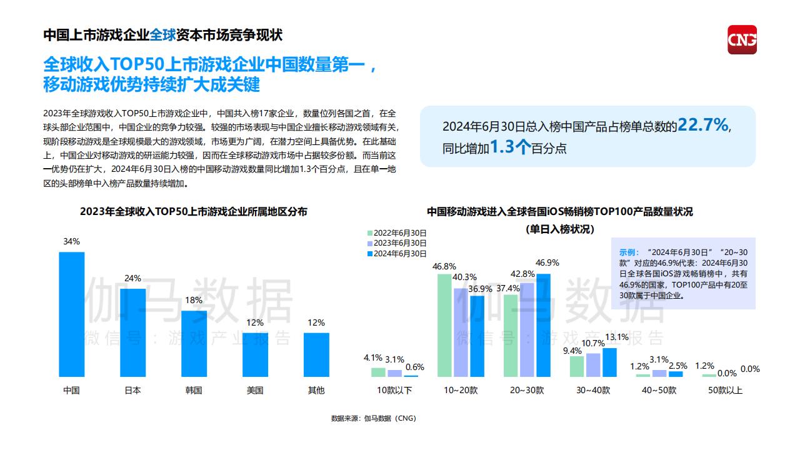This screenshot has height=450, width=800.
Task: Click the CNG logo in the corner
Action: coord(742,39)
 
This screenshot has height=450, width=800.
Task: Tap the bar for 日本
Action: coord(132,332)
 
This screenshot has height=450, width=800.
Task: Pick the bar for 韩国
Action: coord(194,344)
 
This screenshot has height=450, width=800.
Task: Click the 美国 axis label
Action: coord(255,391)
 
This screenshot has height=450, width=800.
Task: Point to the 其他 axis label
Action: coord(316,391)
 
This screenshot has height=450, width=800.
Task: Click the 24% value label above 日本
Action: coord(132,279)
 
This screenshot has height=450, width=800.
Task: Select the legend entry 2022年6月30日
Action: coord(396,232)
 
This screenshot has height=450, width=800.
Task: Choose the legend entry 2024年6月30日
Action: coord(396,253)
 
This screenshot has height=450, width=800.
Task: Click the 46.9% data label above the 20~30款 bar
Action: coord(547,262)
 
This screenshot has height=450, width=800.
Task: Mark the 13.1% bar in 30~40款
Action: coord(609,362)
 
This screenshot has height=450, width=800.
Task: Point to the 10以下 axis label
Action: coord(394,390)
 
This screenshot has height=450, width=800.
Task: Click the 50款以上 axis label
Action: coord(725,390)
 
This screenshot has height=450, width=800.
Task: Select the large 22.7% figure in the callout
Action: coord(703,125)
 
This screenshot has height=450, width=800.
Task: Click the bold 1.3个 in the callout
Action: coord(510,147)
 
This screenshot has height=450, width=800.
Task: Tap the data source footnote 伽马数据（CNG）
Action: coord(373,418)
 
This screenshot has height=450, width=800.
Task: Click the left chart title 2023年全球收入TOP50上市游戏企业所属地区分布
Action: coord(194,212)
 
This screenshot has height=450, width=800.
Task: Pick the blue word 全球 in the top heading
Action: coord(163,35)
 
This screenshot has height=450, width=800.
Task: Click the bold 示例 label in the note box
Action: coord(629,252)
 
